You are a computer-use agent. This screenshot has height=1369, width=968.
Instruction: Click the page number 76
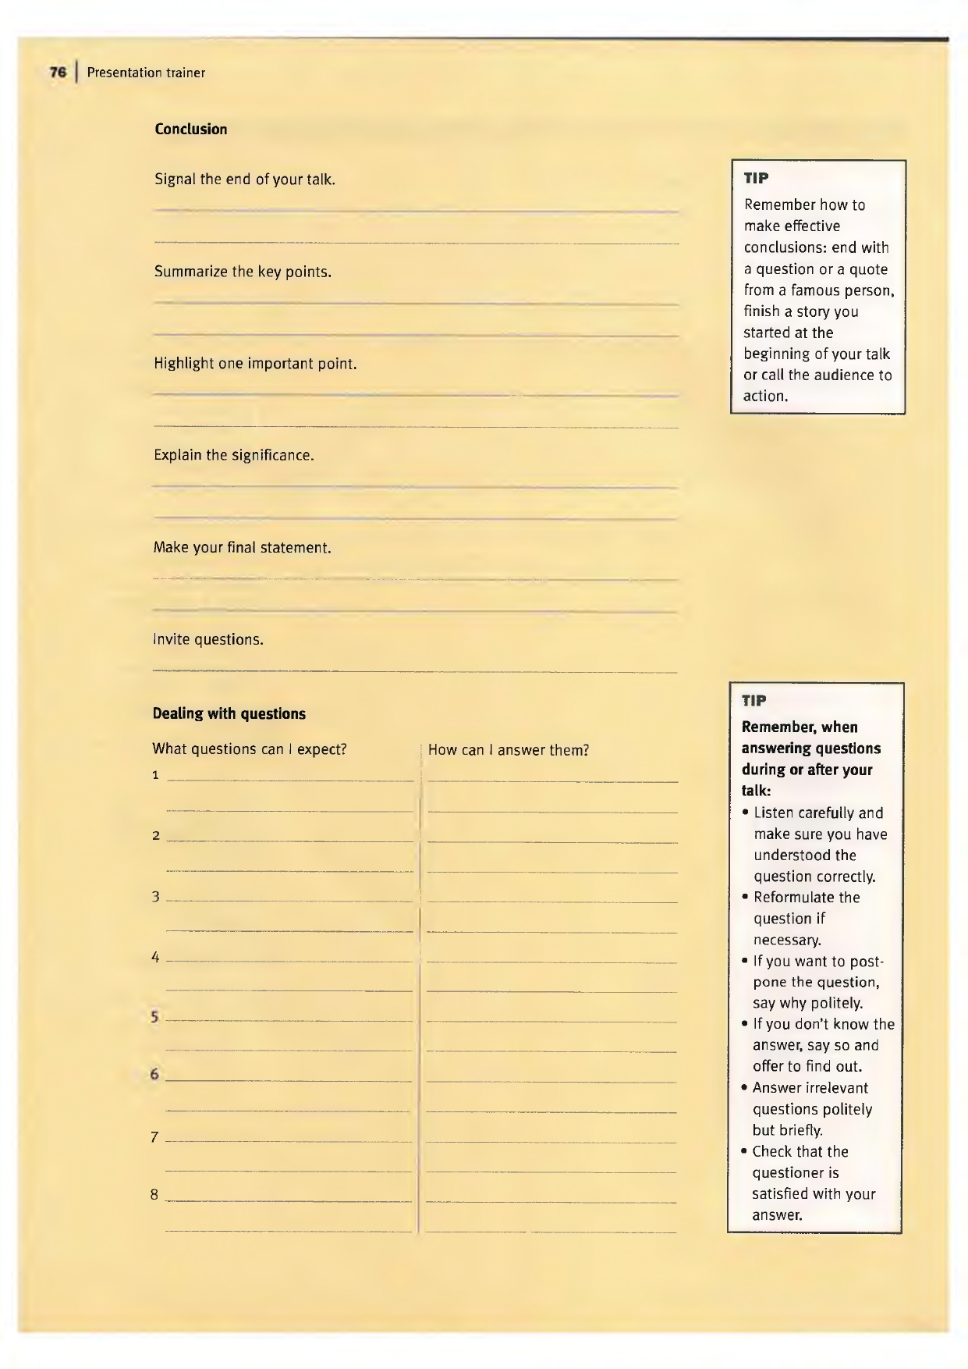pos(58,73)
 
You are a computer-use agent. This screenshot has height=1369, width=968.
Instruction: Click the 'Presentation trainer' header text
pos(146,73)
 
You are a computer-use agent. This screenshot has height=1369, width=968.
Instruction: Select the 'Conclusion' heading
pos(191,130)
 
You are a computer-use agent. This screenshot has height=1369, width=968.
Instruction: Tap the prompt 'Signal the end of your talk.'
pos(245,180)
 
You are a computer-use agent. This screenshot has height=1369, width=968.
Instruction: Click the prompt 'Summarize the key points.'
pos(243,272)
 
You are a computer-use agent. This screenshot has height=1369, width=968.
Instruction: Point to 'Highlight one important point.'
pos(255,364)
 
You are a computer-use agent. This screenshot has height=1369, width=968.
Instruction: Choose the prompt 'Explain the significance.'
pos(234,455)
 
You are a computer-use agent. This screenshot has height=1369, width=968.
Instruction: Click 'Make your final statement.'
pos(243,547)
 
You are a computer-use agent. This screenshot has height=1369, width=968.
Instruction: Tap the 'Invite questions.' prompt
pos(208,639)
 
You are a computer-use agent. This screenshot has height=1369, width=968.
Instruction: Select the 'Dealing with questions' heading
pos(229,713)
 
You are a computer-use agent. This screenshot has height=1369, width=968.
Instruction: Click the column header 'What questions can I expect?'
pos(250,749)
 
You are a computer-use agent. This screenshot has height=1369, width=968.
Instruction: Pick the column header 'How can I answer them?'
pos(509,750)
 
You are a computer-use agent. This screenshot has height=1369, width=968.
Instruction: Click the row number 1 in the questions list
pos(155,775)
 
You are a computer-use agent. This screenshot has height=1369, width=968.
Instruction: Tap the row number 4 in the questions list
pos(155,957)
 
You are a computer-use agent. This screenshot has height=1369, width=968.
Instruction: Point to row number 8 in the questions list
pos(154,1194)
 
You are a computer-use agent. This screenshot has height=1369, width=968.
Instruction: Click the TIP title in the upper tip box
pos(756,178)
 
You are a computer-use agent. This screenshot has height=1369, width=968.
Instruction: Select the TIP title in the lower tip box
pos(753,700)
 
